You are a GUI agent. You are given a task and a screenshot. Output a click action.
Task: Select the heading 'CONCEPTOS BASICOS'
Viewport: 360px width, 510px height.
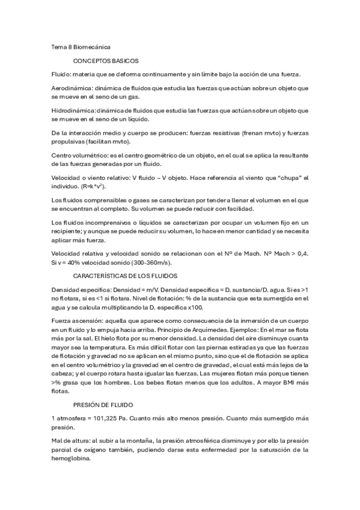106,61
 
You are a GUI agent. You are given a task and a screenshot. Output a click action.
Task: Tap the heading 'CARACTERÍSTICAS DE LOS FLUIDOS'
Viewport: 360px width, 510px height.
124,275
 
